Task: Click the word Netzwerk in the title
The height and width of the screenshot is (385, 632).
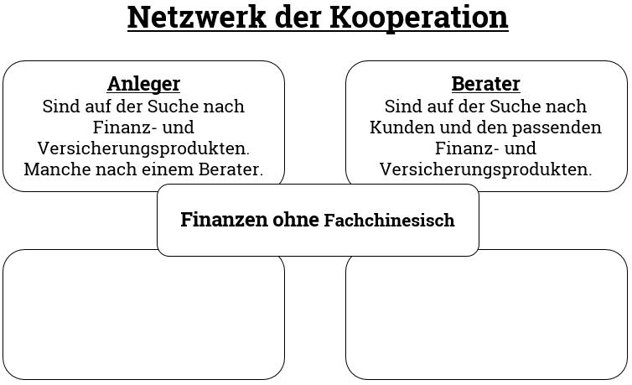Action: coord(197,17)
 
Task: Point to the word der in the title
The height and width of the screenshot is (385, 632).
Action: coord(298,17)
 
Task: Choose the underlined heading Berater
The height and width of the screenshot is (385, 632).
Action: coord(485,84)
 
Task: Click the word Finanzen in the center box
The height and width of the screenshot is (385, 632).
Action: coord(224,220)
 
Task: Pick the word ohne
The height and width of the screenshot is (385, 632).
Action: coord(296,220)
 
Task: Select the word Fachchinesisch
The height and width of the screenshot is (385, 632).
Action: coord(390,221)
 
